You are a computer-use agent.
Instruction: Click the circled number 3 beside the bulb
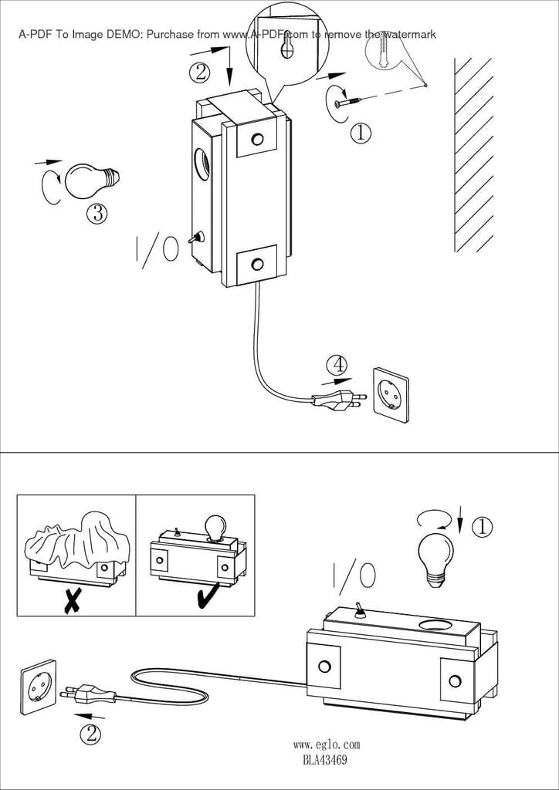coord(97,214)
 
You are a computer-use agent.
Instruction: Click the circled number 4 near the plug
coord(336,365)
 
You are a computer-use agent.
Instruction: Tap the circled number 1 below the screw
coord(361,133)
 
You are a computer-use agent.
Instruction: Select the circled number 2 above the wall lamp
coord(200,72)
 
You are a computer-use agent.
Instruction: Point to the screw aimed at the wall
coord(349,103)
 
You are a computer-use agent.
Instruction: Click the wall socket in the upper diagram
coord(390,395)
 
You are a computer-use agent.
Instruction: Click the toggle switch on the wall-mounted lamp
coord(195,238)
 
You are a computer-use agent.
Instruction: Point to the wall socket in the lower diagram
coord(39,687)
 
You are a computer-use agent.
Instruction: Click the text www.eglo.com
coord(326,744)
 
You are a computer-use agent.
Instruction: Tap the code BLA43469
coord(325,760)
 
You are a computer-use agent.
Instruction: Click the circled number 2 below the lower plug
coord(90,734)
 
